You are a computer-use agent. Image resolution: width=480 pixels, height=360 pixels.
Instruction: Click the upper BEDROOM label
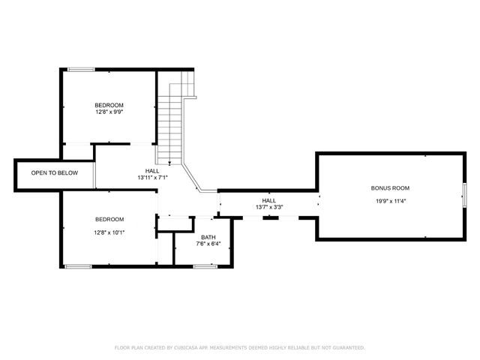(x=109, y=105)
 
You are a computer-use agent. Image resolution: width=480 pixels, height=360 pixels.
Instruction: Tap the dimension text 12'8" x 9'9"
(x=109, y=112)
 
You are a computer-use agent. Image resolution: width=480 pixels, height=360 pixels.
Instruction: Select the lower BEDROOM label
(x=109, y=219)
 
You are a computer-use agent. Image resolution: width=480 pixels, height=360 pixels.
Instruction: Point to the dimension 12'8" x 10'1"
(x=109, y=232)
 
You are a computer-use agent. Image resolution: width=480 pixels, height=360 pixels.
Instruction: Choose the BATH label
(x=208, y=237)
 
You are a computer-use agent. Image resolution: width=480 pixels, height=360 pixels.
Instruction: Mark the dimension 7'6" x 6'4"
(x=208, y=244)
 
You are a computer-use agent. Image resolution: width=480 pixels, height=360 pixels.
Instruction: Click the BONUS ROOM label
(x=391, y=188)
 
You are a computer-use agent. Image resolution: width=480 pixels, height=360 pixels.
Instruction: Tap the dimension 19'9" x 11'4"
(x=391, y=201)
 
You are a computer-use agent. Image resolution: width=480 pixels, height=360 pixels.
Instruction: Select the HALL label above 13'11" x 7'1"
(x=152, y=171)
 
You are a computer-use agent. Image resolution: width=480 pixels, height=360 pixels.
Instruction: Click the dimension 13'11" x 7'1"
(x=152, y=178)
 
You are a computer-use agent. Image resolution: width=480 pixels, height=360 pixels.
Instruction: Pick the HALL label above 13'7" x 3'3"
(x=269, y=200)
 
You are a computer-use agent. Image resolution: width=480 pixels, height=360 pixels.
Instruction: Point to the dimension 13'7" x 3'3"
(x=269, y=207)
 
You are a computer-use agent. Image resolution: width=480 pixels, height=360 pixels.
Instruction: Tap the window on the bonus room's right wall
(x=464, y=194)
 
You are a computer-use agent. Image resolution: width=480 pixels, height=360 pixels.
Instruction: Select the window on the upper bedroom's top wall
(x=80, y=70)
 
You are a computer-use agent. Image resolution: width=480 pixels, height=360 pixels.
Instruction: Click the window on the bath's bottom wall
(x=204, y=265)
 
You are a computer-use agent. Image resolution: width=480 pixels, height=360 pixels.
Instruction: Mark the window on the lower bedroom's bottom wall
(x=78, y=266)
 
